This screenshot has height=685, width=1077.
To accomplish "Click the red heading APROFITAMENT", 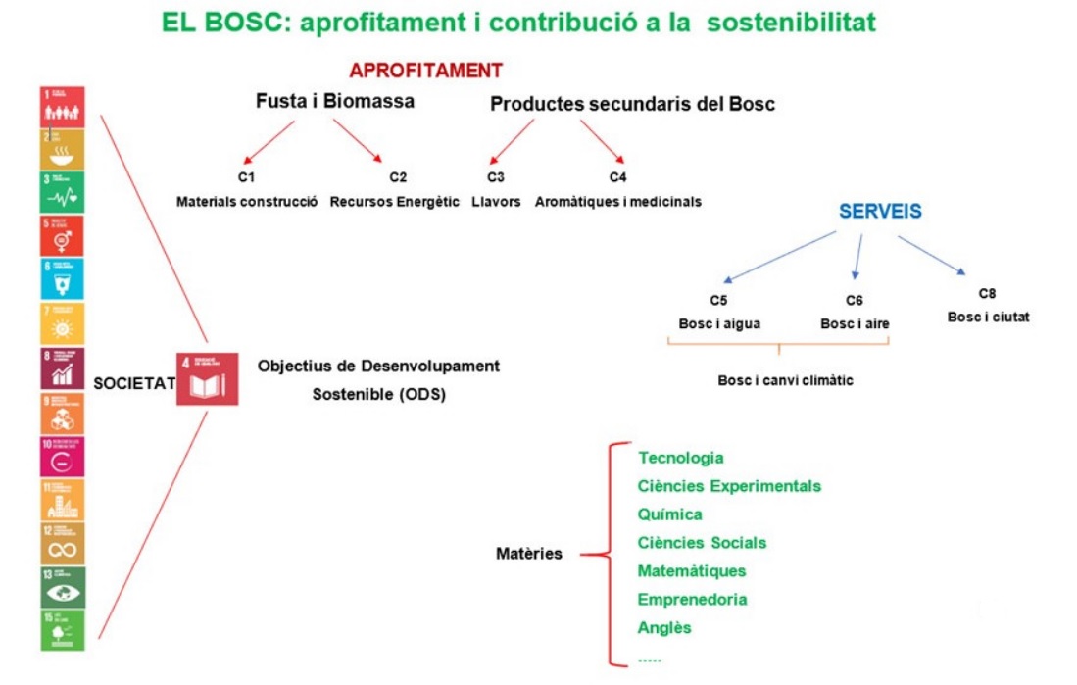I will click(x=425, y=71).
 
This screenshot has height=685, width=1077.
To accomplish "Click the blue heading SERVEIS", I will click(x=879, y=212).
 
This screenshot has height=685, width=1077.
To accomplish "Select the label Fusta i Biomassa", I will click(x=334, y=101).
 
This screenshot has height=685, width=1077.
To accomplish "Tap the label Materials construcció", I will click(x=247, y=202).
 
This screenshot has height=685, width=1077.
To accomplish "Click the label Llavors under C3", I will click(x=496, y=202).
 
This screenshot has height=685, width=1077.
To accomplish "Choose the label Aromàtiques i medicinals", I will click(x=618, y=202).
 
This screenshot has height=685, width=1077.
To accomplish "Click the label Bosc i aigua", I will click(x=718, y=324).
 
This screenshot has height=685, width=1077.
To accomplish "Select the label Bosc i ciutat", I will click(x=988, y=317).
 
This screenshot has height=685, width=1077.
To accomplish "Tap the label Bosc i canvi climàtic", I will click(x=785, y=380).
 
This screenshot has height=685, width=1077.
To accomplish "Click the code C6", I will click(x=854, y=300).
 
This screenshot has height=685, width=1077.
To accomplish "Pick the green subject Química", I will click(x=669, y=514).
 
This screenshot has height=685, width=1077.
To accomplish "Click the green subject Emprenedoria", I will click(x=692, y=599).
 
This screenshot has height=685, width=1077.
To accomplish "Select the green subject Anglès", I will click(x=664, y=627).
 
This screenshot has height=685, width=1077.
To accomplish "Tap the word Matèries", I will click(x=529, y=554).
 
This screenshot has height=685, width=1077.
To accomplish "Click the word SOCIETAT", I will click(x=133, y=383).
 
